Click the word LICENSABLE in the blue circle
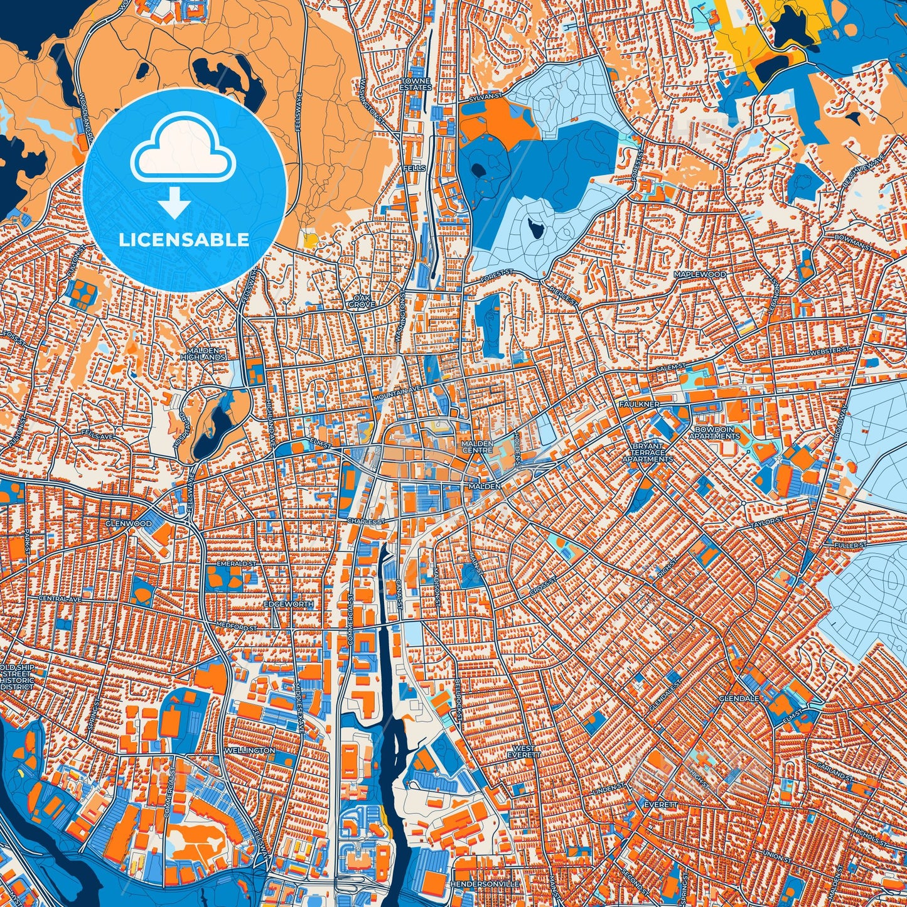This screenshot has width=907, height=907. coord(184,240)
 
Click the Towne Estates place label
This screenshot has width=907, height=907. coord(416,84)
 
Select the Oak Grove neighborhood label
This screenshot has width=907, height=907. coord(362,301)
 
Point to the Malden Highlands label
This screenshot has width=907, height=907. coord(203,353)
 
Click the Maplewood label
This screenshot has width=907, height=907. coord(700,274)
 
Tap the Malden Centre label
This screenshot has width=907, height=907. coord(478,446)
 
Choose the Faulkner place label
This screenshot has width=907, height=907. coord(638,404)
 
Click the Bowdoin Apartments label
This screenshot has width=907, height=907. coord(714,432)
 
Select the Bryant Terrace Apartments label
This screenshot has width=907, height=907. coord(647,453)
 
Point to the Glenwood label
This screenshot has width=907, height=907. coord(128,523)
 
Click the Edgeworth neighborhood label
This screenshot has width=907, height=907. coord(288,604)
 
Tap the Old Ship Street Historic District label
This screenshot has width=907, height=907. coord(17,677)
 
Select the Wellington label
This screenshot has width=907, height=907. coord(250,750)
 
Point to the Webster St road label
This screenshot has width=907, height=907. coord(829,352)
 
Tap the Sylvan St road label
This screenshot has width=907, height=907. coord(486,98)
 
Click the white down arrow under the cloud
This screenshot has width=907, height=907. coord(175,203)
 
